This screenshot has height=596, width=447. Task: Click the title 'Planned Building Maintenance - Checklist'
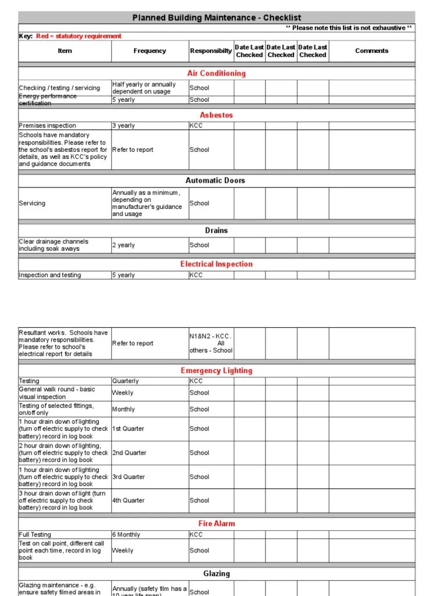(x=217, y=18)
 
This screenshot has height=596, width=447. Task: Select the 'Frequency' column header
(x=150, y=51)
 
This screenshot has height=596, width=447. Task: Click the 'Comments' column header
(x=371, y=51)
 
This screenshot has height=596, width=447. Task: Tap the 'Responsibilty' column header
(x=211, y=51)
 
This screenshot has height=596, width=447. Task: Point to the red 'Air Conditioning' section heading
(x=217, y=73)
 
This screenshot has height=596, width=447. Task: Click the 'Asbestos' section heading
(x=217, y=115)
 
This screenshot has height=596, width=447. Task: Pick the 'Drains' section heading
(x=217, y=230)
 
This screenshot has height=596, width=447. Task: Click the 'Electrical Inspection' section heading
(x=217, y=264)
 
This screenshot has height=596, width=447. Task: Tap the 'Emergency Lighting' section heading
(x=217, y=371)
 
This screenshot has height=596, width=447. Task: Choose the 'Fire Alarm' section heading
(x=217, y=524)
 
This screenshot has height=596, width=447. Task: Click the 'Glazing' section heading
(x=217, y=574)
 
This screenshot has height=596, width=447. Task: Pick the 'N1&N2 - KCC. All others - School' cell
(x=211, y=343)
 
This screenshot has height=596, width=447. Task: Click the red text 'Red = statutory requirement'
(x=79, y=36)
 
